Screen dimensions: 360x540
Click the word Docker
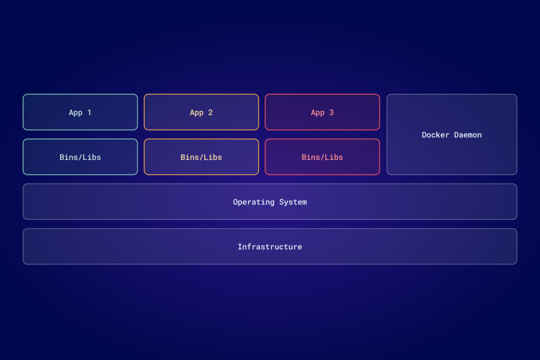(435, 135)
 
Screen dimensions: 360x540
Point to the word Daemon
(468, 135)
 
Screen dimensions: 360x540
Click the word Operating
(253, 202)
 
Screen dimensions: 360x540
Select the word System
(293, 202)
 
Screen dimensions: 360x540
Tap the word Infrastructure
(269, 246)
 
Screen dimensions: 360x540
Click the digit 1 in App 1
(89, 112)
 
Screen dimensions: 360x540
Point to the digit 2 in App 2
(210, 112)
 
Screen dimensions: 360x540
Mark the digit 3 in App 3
(331, 112)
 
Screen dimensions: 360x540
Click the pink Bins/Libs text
(322, 157)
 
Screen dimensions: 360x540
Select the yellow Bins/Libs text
(201, 157)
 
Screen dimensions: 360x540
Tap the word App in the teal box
(75, 112)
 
